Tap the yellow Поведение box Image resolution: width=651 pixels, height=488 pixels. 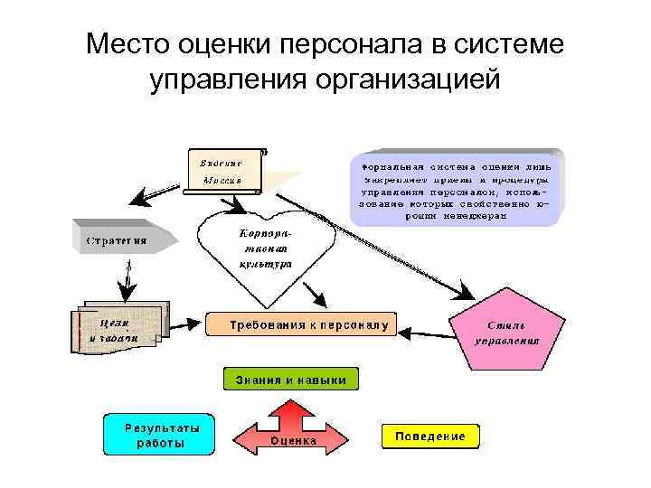point(429,436)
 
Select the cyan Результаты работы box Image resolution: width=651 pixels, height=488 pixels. point(158,435)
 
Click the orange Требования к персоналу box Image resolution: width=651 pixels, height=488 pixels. point(302,324)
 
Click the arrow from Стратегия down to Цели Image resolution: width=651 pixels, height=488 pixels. point(127,280)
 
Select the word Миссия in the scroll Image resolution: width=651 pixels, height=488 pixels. point(221,180)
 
